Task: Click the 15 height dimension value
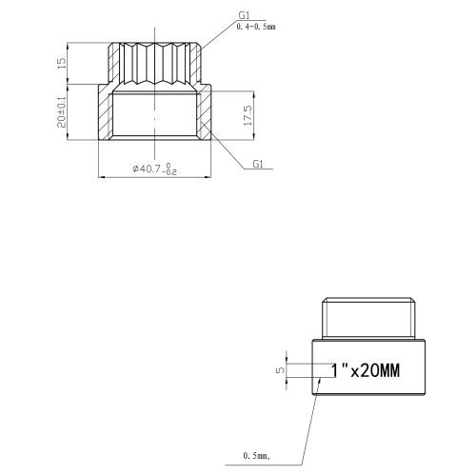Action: point(62,63)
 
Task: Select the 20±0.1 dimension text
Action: point(62,112)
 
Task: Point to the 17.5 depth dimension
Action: point(248,115)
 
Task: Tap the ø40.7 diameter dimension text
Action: point(147,169)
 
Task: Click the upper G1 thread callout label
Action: point(244,15)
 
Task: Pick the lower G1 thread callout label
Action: point(258,164)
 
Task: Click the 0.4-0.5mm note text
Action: point(256,27)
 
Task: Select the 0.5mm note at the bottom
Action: point(257,456)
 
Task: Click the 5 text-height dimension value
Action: point(281,370)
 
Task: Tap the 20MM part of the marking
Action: point(380,370)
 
